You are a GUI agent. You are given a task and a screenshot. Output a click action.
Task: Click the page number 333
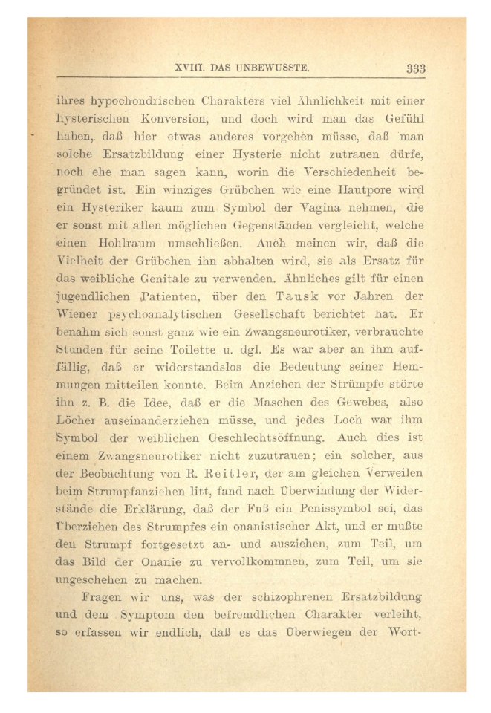pos(415,69)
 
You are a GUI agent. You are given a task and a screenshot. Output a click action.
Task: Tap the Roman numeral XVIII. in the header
pos(189,69)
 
